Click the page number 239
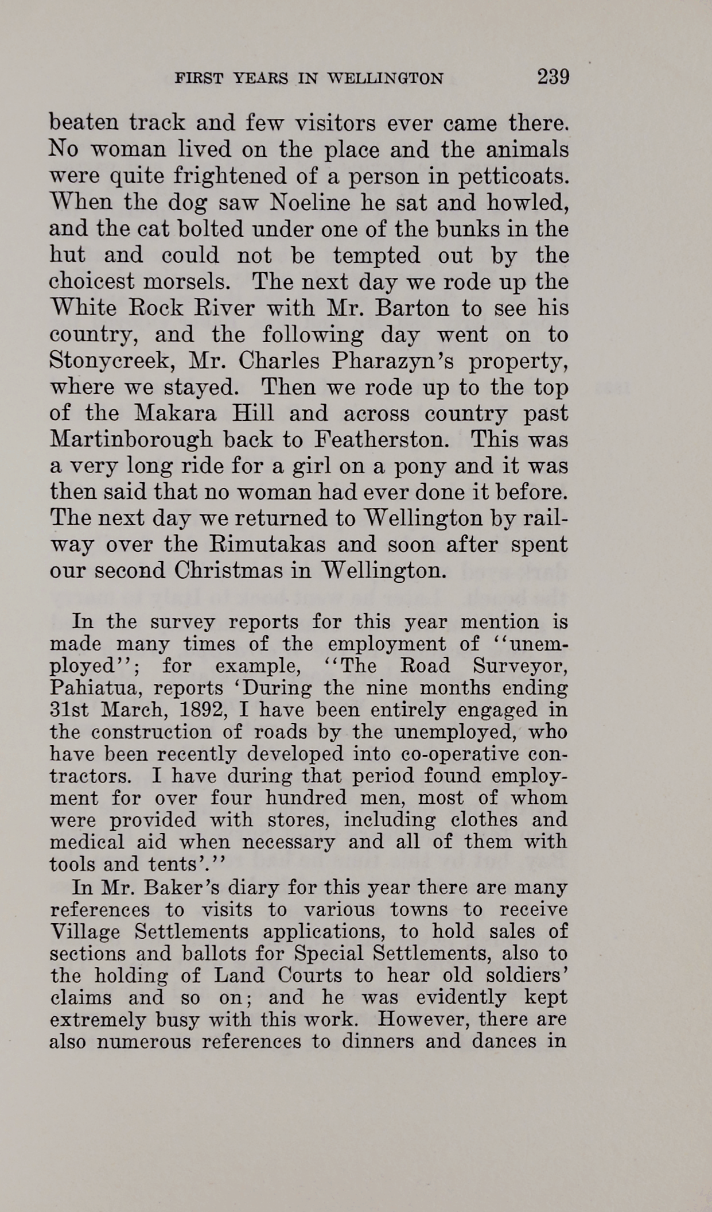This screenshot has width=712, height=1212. [553, 76]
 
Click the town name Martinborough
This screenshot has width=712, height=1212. [130, 440]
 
